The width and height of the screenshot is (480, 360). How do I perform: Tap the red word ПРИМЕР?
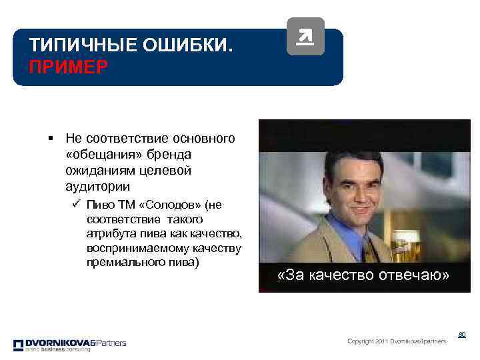[x=67, y=68]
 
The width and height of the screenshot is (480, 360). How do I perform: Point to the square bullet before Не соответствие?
[x=51, y=139]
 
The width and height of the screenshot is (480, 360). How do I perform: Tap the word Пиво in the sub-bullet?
[x=99, y=204]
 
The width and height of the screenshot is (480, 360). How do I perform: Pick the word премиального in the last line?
[x=119, y=263]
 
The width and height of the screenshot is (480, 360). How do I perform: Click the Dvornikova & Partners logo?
[x=69, y=345]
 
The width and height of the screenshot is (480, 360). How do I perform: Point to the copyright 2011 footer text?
[x=397, y=341]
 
